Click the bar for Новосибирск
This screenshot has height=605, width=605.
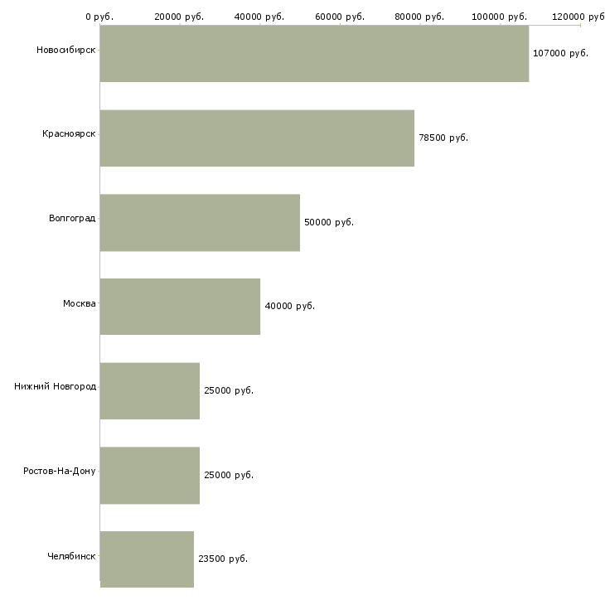[x=314, y=54]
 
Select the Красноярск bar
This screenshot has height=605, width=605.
[x=257, y=138]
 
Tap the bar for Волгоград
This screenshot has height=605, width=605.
[x=200, y=222]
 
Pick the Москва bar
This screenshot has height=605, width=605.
[x=180, y=307]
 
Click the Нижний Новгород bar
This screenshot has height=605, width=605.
[x=150, y=391]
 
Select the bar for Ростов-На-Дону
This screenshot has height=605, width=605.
[x=150, y=476]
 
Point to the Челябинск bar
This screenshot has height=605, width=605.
[x=147, y=559]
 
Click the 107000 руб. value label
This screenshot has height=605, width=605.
[x=560, y=53]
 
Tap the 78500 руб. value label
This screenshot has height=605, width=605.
[x=443, y=138]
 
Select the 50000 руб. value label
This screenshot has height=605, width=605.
[x=329, y=222]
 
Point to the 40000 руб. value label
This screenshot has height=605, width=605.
[x=289, y=307]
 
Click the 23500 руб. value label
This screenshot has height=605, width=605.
[x=223, y=559]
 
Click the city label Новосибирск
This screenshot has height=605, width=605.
[x=65, y=50]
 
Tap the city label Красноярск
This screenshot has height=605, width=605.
[x=69, y=133]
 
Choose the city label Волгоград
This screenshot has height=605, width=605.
[x=72, y=218]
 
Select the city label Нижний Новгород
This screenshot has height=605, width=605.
[x=55, y=386]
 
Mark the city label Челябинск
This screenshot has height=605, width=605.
[x=71, y=555]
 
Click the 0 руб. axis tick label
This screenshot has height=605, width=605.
[x=99, y=17]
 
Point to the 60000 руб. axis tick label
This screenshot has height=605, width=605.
[x=340, y=17]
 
